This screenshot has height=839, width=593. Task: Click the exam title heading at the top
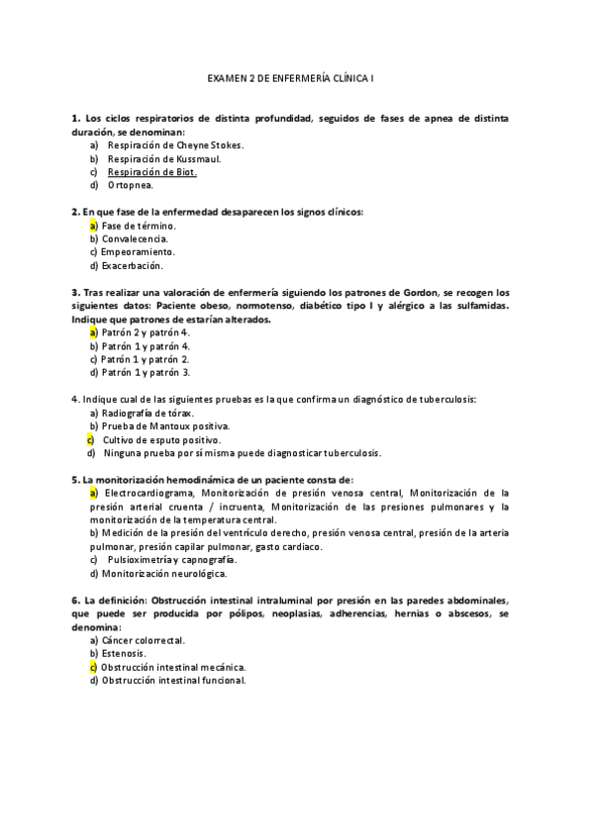[x=296, y=75]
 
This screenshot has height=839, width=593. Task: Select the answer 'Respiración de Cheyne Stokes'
[x=175, y=144]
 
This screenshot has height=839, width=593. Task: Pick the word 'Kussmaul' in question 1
[x=200, y=158]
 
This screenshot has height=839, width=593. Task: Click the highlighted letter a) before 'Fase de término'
[x=92, y=226]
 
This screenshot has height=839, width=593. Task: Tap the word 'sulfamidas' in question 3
[x=475, y=306]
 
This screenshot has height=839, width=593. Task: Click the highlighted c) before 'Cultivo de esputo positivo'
[x=91, y=439]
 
